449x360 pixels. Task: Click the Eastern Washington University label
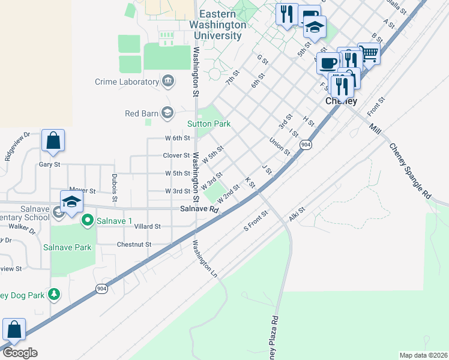[217, 25]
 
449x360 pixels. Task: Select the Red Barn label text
[141, 113]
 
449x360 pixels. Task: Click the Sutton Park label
[209, 124]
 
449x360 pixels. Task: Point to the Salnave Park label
[67, 247]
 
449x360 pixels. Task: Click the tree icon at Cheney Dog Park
[55, 294]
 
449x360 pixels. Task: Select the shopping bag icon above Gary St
[53, 141]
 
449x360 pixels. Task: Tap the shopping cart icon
[369, 54]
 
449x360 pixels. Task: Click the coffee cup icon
[328, 63]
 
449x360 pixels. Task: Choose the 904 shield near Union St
[306, 145]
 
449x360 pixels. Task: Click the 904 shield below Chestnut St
[102, 289]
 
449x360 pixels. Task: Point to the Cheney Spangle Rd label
[410, 170]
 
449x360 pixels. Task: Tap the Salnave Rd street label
[199, 209]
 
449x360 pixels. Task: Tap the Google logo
[20, 352]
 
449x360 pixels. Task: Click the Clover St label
[176, 155]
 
